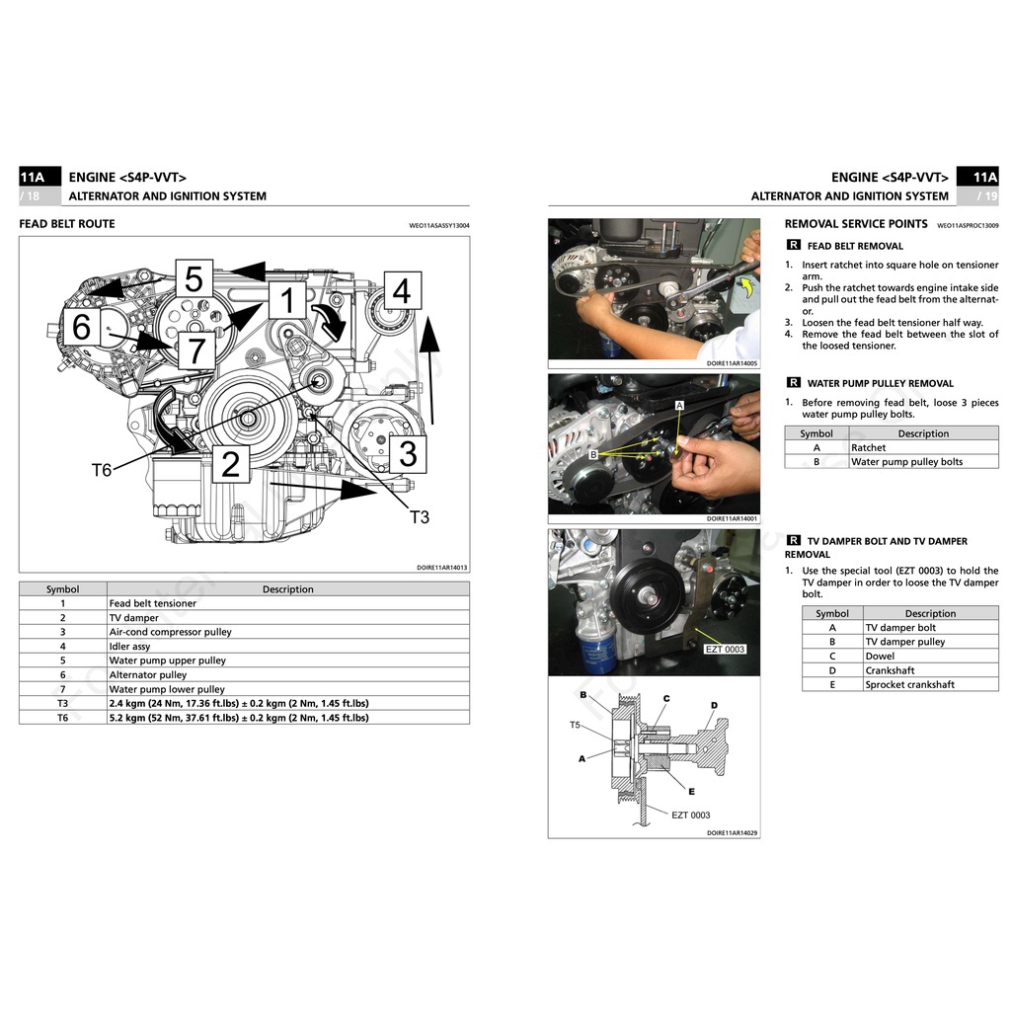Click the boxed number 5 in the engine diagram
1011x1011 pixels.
[x=194, y=279]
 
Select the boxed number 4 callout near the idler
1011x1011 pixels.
[x=401, y=291]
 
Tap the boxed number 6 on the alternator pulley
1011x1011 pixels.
[x=82, y=327]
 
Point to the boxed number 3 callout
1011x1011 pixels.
[x=407, y=454]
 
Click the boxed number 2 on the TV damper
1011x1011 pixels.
[x=230, y=463]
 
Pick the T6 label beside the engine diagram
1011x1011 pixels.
[x=102, y=471]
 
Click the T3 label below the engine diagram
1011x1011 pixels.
[x=420, y=516]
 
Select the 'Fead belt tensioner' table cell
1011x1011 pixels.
[x=153, y=603]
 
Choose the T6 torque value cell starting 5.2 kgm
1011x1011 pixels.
[x=239, y=718]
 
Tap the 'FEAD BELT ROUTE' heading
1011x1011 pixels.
[x=67, y=224]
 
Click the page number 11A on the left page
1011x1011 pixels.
[x=33, y=178]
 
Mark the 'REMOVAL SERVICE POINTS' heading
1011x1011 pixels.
[x=856, y=224]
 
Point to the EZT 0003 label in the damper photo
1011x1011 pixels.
[x=725, y=650]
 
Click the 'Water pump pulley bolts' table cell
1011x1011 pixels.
[x=906, y=462]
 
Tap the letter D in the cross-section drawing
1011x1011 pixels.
[x=714, y=705]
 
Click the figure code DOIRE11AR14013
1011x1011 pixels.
[x=442, y=568]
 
